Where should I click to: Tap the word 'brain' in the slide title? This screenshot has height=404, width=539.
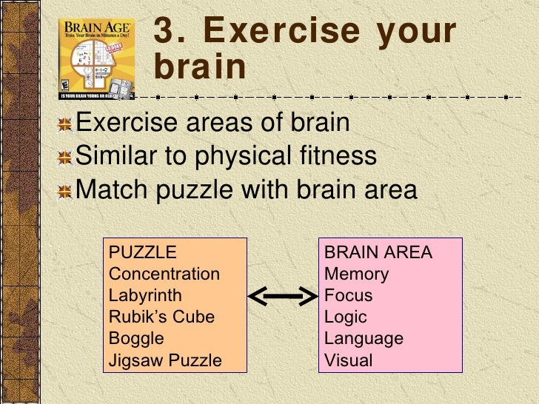pos(199,67)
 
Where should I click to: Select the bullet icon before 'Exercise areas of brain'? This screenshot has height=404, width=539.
pos(66,124)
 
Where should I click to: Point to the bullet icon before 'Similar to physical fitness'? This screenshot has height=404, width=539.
pos(66,158)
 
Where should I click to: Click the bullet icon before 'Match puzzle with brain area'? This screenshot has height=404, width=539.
pos(66,192)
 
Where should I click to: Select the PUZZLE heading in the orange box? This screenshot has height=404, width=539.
pos(143,252)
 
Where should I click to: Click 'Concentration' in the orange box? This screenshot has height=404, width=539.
pos(164,274)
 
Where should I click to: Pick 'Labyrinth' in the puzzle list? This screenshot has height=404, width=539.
pos(145,295)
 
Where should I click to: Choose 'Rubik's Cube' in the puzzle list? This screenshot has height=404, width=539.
pos(161,317)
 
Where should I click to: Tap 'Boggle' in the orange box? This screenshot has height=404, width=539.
pos(136,338)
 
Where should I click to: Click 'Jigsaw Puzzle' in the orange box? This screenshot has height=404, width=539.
pos(165,360)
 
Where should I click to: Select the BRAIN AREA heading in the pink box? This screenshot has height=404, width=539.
pos(378,252)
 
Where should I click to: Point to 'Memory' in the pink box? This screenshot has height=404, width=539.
pos(357,274)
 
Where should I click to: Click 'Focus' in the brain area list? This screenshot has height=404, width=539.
pos(349,295)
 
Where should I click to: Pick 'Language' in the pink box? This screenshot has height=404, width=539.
pos(364,338)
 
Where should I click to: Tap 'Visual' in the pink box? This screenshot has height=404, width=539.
pos(349,360)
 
